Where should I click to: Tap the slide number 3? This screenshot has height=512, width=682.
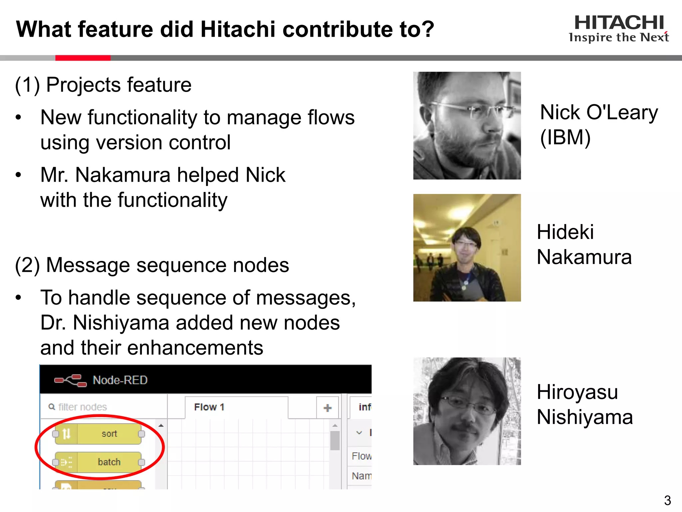667,500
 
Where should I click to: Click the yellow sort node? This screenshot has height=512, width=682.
99,434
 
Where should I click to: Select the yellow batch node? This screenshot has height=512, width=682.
99,462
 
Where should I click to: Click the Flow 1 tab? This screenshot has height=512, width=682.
209,407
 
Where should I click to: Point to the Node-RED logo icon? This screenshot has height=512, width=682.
70,380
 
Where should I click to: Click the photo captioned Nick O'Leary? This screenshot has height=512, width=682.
467,126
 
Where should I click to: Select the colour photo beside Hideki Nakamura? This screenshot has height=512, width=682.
467,248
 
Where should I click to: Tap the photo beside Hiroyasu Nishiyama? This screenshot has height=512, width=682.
467,411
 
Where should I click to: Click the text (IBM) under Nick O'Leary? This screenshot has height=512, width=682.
565,137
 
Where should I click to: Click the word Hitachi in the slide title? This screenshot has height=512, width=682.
238,29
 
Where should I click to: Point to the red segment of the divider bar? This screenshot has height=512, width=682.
83,58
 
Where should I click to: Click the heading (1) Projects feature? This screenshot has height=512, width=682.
103,85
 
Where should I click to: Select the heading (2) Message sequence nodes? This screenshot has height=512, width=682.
152,265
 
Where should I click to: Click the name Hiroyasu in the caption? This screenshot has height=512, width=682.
577,392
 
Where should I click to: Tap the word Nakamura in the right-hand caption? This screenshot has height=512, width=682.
584,257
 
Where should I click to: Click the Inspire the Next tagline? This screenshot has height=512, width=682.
619,37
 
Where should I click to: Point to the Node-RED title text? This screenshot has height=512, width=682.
120,380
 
